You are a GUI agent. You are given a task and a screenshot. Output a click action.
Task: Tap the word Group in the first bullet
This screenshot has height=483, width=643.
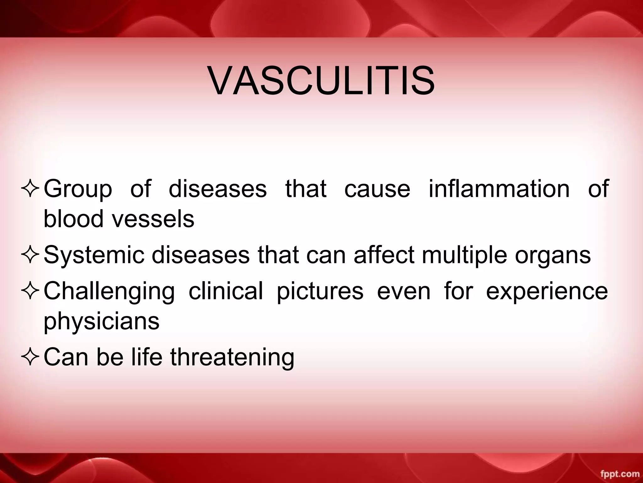[x=78, y=189]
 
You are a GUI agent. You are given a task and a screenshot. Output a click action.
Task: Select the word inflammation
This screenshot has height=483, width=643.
[x=499, y=189]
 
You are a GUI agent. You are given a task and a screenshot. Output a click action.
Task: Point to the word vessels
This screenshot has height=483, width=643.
[x=154, y=219]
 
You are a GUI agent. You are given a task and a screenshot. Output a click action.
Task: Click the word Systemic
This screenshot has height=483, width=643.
[x=94, y=255]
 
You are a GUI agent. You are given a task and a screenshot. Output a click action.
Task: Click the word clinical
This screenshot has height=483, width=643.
[x=226, y=291]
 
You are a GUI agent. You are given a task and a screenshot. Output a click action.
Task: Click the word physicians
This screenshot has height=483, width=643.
[x=101, y=322]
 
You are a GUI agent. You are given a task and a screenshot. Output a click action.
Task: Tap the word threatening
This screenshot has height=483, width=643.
[x=232, y=358]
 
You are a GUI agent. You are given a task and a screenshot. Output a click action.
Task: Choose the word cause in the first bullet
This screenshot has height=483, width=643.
[x=377, y=189]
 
